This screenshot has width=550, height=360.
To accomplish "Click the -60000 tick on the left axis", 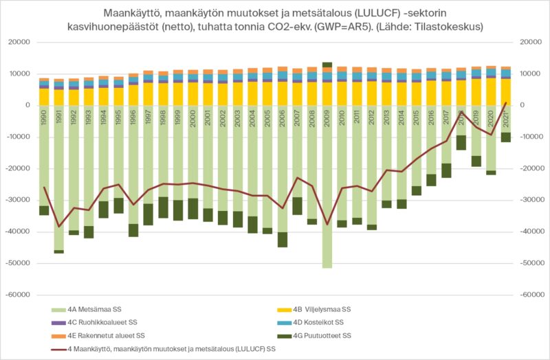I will pos(21,295).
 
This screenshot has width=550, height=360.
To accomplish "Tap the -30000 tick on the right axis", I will pos(531,200).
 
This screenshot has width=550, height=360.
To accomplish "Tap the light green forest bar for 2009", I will pos(327,206).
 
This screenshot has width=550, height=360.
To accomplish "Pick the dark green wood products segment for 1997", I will pos(148,215).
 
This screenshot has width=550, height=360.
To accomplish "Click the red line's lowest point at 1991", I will pos(59,226).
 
